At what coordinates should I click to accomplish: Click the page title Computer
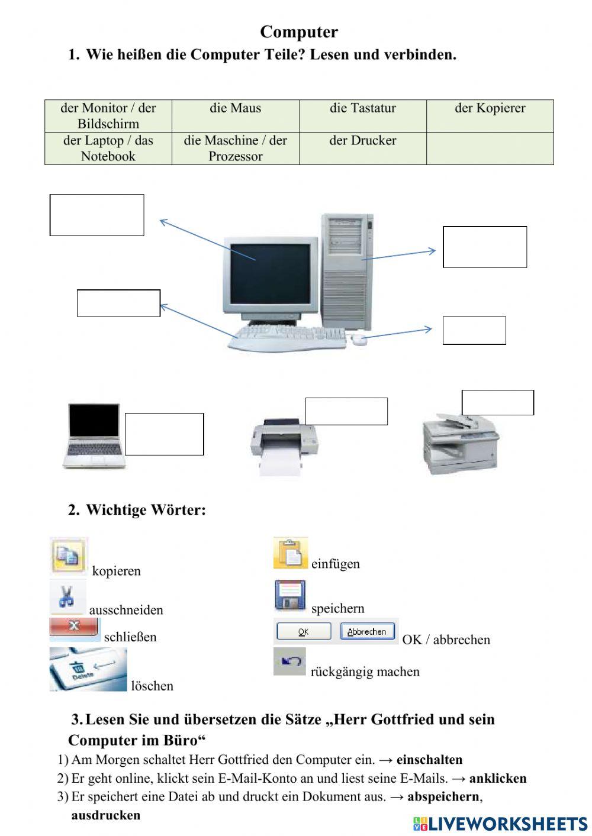[298, 32]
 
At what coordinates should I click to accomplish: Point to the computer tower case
[348, 272]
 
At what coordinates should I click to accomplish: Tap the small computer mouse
[358, 339]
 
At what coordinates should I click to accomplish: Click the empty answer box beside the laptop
[164, 434]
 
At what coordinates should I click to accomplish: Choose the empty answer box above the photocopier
[497, 402]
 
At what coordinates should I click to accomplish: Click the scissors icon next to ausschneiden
[67, 597]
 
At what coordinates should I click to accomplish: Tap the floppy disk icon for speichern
[290, 595]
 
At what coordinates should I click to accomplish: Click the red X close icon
[75, 628]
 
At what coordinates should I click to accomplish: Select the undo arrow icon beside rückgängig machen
[289, 661]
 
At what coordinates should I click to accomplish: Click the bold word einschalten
[429, 760]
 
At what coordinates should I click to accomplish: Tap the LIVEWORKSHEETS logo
[500, 824]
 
